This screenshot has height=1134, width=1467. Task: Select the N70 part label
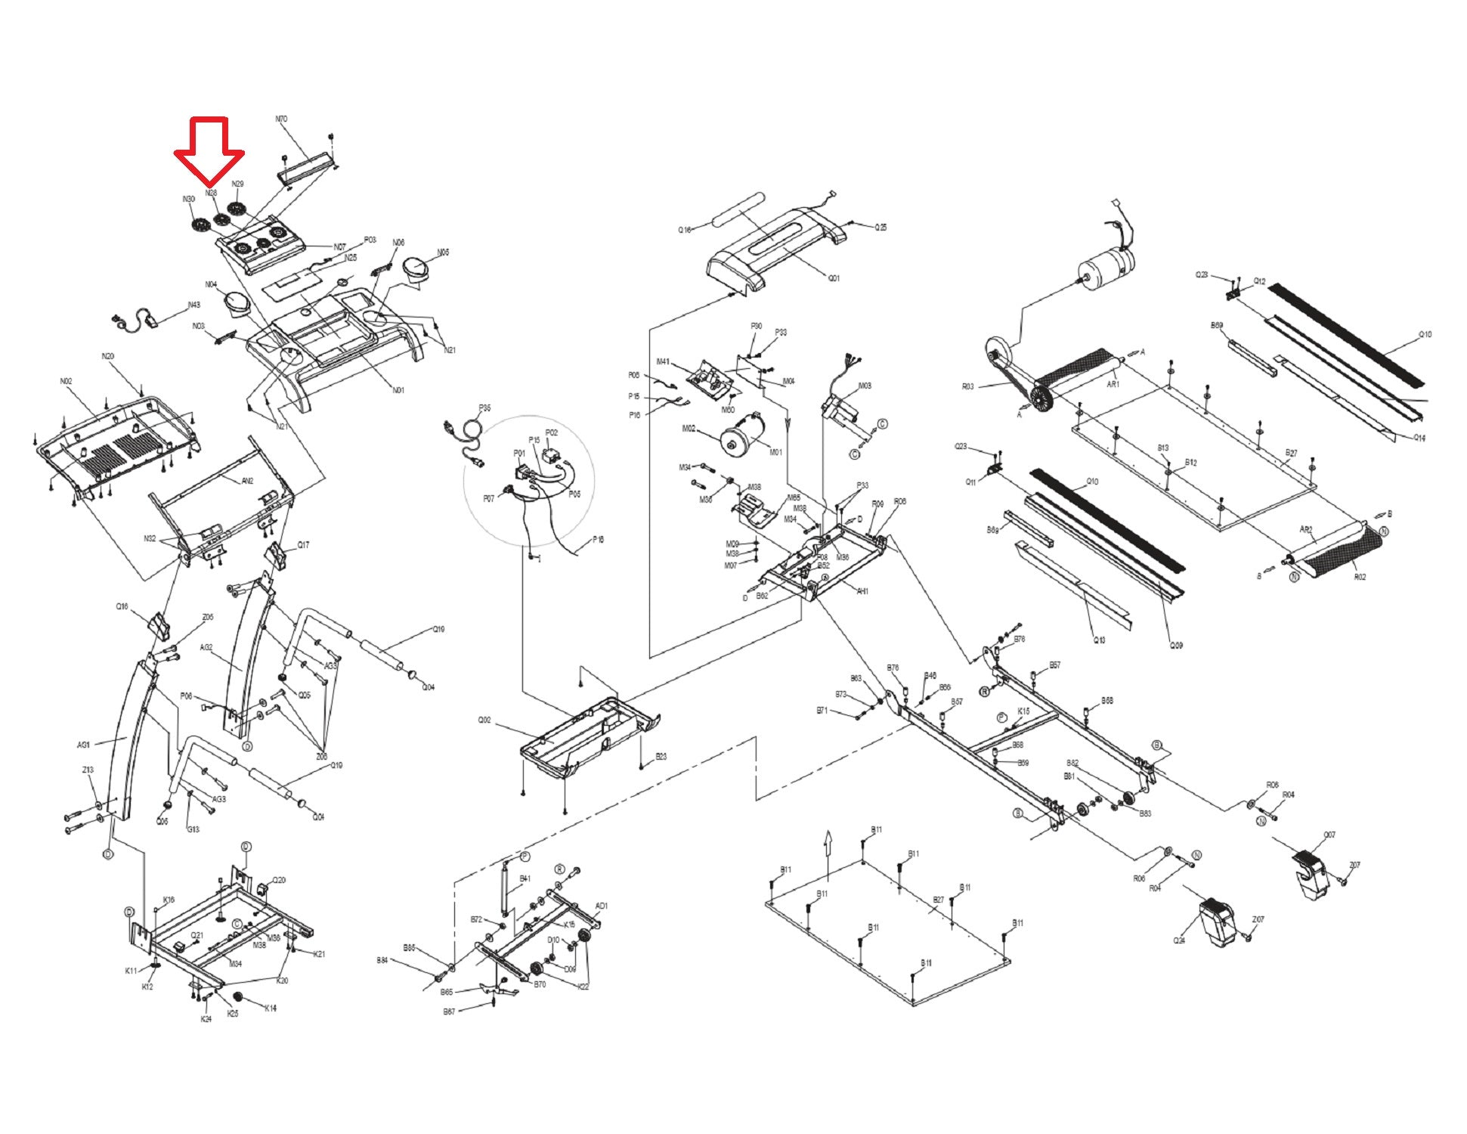pyautogui.click(x=280, y=119)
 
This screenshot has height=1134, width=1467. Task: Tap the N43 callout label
pyautogui.click(x=193, y=305)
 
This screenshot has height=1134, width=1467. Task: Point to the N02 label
pyautogui.click(x=66, y=382)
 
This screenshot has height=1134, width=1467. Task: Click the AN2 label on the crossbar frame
pyautogui.click(x=247, y=481)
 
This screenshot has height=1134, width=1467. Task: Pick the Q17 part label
pyautogui.click(x=303, y=545)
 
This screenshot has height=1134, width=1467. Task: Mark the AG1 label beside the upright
pyautogui.click(x=83, y=745)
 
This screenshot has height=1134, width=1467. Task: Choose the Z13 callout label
pyautogui.click(x=88, y=770)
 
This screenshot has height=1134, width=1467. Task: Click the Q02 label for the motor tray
pyautogui.click(x=484, y=720)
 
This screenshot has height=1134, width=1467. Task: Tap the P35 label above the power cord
pyautogui.click(x=484, y=408)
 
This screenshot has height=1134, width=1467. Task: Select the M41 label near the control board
pyautogui.click(x=663, y=361)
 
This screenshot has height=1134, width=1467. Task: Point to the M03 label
pyautogui.click(x=865, y=386)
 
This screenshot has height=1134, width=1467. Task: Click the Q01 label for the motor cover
pyautogui.click(x=834, y=278)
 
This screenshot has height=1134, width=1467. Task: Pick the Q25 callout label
pyautogui.click(x=881, y=227)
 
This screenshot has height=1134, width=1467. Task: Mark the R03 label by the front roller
pyautogui.click(x=968, y=386)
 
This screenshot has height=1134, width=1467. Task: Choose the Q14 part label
pyautogui.click(x=1419, y=438)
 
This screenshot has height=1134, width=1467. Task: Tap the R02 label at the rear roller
pyautogui.click(x=1360, y=577)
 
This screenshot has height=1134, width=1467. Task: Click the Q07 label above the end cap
pyautogui.click(x=1329, y=835)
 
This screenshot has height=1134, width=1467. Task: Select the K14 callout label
pyautogui.click(x=271, y=1008)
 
